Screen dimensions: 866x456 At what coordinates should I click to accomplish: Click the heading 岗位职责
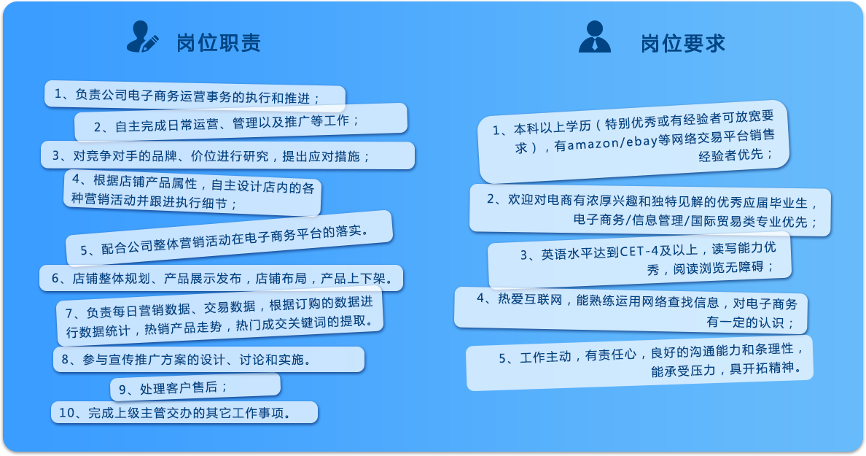coord(219,43)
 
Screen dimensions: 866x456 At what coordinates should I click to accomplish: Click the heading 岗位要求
coord(682,44)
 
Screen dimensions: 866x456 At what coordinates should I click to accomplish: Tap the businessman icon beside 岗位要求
coord(595,36)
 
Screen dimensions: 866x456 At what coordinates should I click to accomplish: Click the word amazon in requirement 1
coord(593,144)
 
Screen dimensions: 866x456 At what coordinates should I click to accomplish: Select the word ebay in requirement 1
coord(641,141)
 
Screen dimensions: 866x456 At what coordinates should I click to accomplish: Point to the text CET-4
coord(639,252)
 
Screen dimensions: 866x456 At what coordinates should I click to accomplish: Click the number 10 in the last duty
coord(66,412)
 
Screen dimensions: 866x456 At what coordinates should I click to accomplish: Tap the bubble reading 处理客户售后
coord(195,387)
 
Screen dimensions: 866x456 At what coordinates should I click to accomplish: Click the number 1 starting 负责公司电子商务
coord(58,94)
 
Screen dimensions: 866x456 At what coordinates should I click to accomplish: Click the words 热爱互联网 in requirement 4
coord(530,300)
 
